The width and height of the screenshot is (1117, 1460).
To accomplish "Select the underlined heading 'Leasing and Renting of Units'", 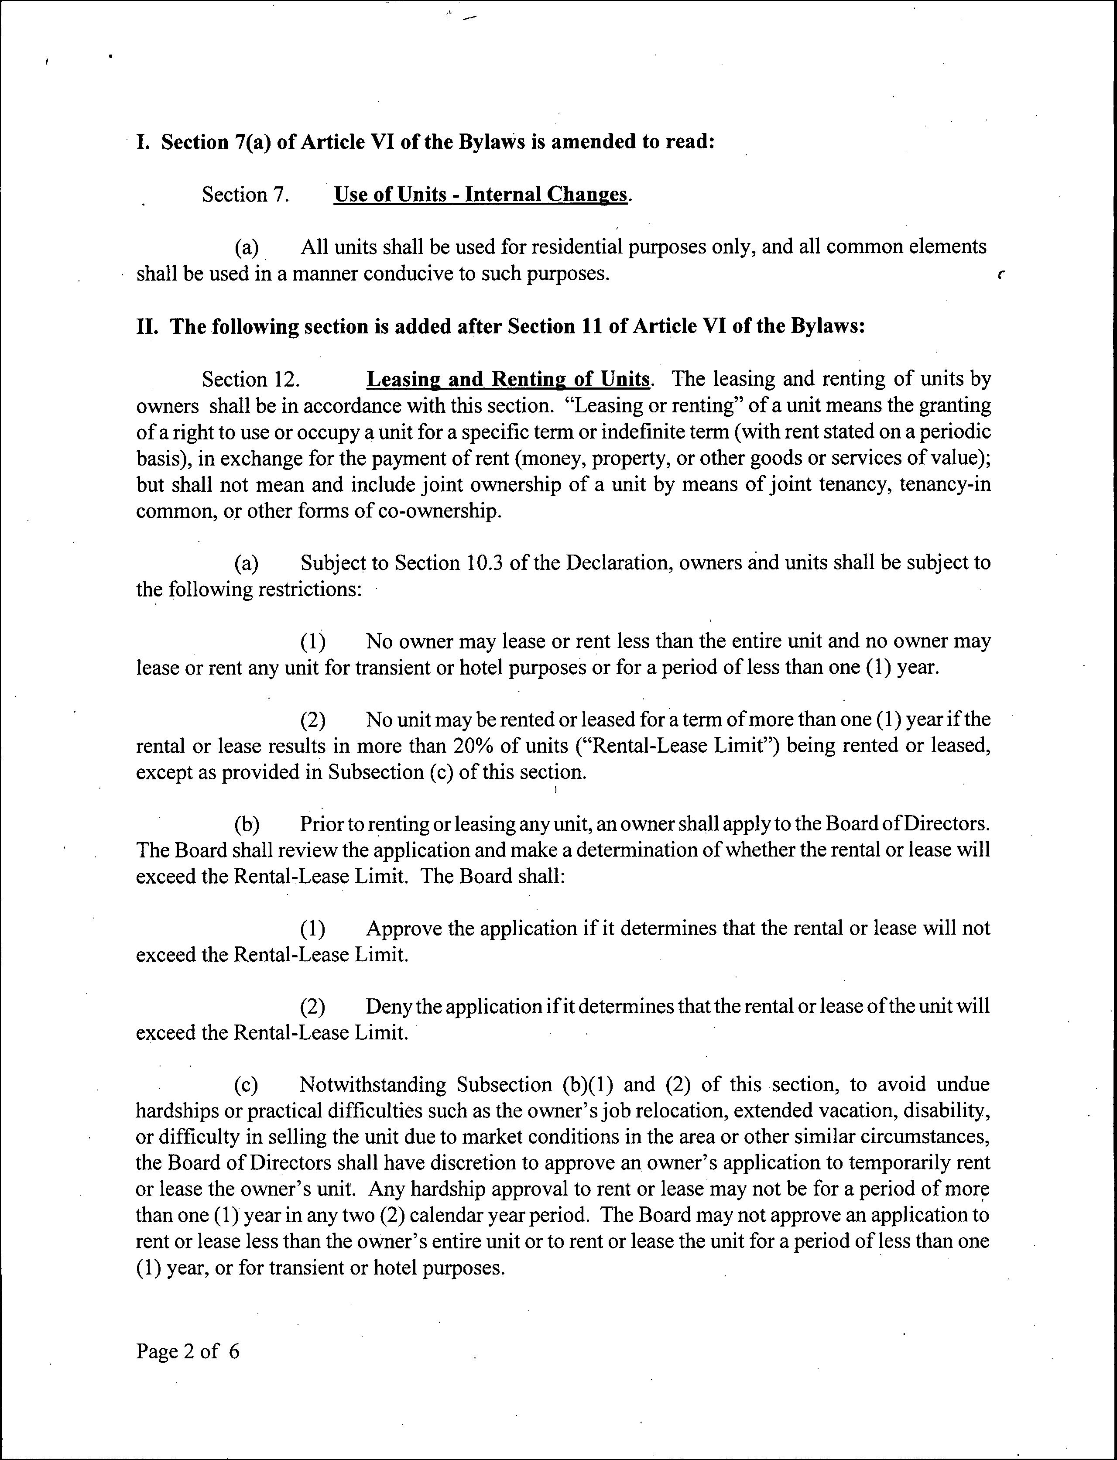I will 508,379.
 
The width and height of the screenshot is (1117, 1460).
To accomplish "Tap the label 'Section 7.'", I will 245,195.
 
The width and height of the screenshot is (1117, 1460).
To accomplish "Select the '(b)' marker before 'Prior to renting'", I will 246,824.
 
